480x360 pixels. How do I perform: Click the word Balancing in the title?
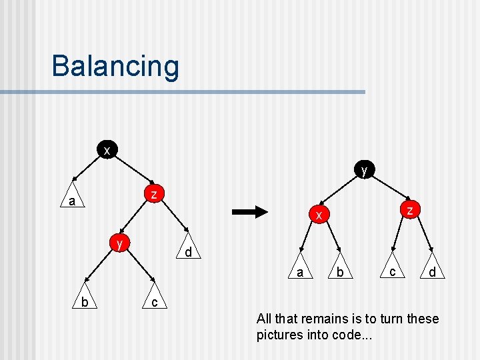click(115, 66)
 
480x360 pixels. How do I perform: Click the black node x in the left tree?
click(107, 150)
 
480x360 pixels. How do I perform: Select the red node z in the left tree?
click(154, 194)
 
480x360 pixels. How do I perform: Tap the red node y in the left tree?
click(119, 243)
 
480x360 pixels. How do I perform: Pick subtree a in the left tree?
click(71, 200)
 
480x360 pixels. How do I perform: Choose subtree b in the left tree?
click(84, 302)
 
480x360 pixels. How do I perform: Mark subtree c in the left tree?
click(154, 302)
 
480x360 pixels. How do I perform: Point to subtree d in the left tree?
click(189, 252)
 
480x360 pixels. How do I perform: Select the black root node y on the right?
click(364, 170)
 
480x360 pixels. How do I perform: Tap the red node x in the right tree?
click(319, 215)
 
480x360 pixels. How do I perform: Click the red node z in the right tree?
click(411, 209)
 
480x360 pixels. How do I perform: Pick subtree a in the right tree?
click(300, 271)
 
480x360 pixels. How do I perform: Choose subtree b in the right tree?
click(340, 271)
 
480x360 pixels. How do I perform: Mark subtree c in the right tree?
click(393, 270)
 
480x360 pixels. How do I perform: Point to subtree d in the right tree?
click(432, 271)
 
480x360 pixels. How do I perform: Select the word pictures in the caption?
click(279, 335)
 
